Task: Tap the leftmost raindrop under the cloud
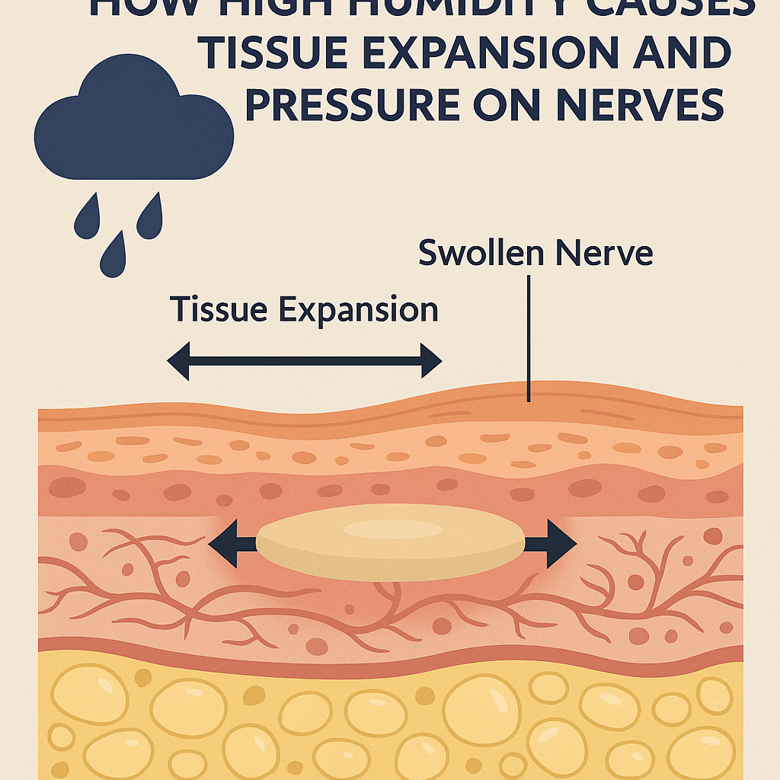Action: (86, 219)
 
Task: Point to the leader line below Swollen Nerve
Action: (527, 335)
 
